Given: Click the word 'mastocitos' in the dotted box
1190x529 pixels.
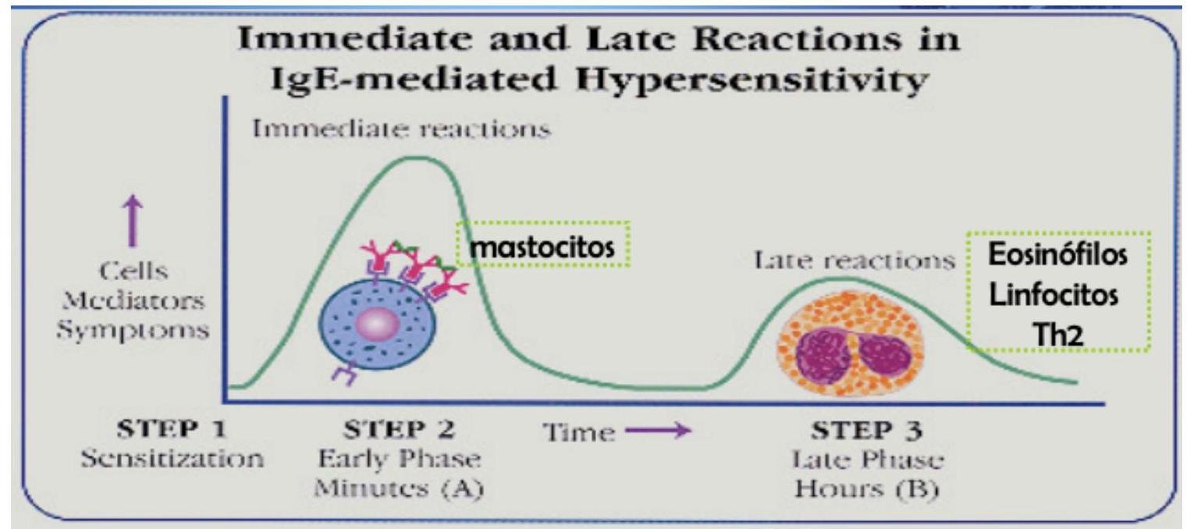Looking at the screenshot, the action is [542, 247].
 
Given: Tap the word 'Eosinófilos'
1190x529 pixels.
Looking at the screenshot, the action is [1057, 254].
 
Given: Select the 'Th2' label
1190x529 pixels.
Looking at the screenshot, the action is [1058, 336].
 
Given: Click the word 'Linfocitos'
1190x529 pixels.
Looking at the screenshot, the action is [1053, 295].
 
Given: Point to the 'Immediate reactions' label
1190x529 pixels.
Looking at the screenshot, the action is [401, 129].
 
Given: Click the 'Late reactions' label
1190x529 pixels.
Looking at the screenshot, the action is [854, 261].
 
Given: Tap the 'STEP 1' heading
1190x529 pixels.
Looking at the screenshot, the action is [172, 429].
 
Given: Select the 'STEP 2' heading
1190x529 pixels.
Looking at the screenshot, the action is [399, 429].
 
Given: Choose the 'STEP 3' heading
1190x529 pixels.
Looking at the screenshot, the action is [866, 430].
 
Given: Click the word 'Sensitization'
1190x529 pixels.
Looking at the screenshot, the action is [172, 459].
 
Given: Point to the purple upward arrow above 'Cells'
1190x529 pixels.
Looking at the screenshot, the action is [133, 221].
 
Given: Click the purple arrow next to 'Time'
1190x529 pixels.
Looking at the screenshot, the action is [659, 430].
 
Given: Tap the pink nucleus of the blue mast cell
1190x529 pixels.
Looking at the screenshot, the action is [377, 323].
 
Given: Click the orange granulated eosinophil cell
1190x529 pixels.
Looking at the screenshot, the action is [851, 343].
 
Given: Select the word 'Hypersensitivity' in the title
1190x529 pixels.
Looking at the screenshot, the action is [753, 80].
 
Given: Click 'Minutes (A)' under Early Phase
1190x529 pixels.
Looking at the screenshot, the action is [399, 488].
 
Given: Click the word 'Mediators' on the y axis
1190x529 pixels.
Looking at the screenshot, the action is [133, 301].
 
